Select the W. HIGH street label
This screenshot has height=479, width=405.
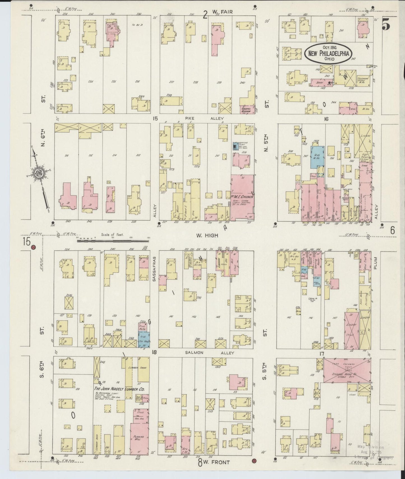click(207, 236)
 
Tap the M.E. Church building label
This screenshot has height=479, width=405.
click(242, 197)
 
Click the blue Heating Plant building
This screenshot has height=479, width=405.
click(235, 146)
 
